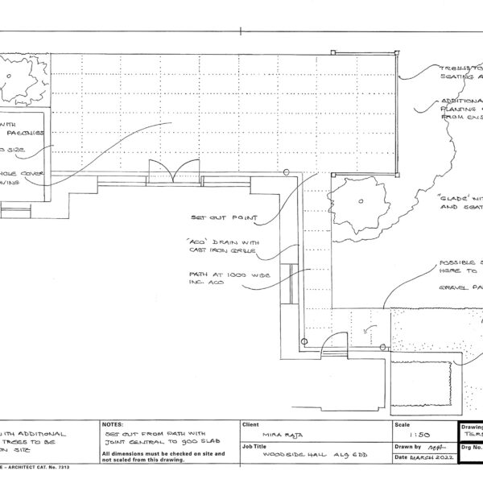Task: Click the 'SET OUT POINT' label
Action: pyautogui.click(x=224, y=217)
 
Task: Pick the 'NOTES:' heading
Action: pyautogui.click(x=113, y=423)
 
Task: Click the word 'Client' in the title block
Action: pyautogui.click(x=250, y=423)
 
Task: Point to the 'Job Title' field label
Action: pyautogui.click(x=255, y=444)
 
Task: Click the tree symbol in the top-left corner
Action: pyautogui.click(x=18, y=76)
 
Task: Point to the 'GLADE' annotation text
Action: pyautogui.click(x=459, y=201)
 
